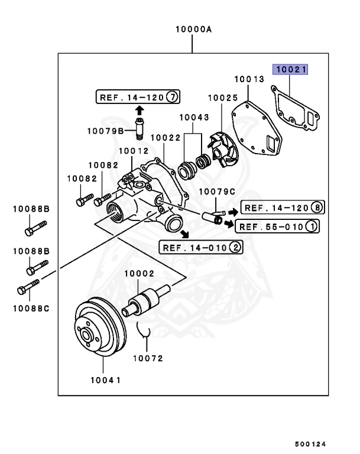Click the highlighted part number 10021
[290, 70]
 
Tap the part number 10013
[248, 79]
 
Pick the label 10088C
[32, 308]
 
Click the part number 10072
[148, 358]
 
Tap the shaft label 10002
[140, 274]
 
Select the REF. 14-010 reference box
[201, 247]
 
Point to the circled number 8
[317, 207]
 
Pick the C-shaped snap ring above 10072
[146, 333]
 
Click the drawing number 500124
[311, 444]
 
